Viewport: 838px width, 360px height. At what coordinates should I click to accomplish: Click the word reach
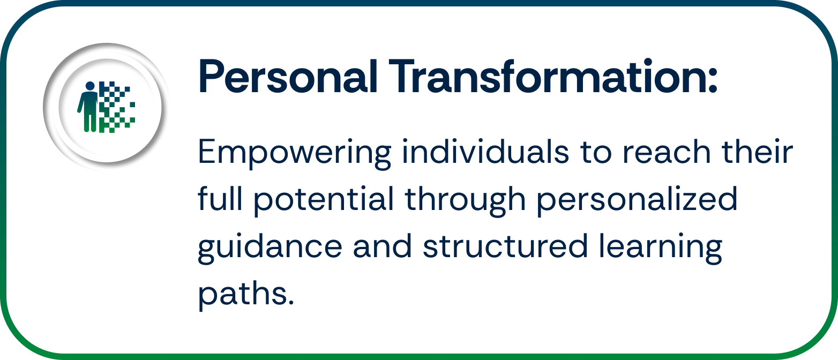pos(664,152)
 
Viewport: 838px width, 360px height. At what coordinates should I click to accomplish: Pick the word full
pos(220,199)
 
